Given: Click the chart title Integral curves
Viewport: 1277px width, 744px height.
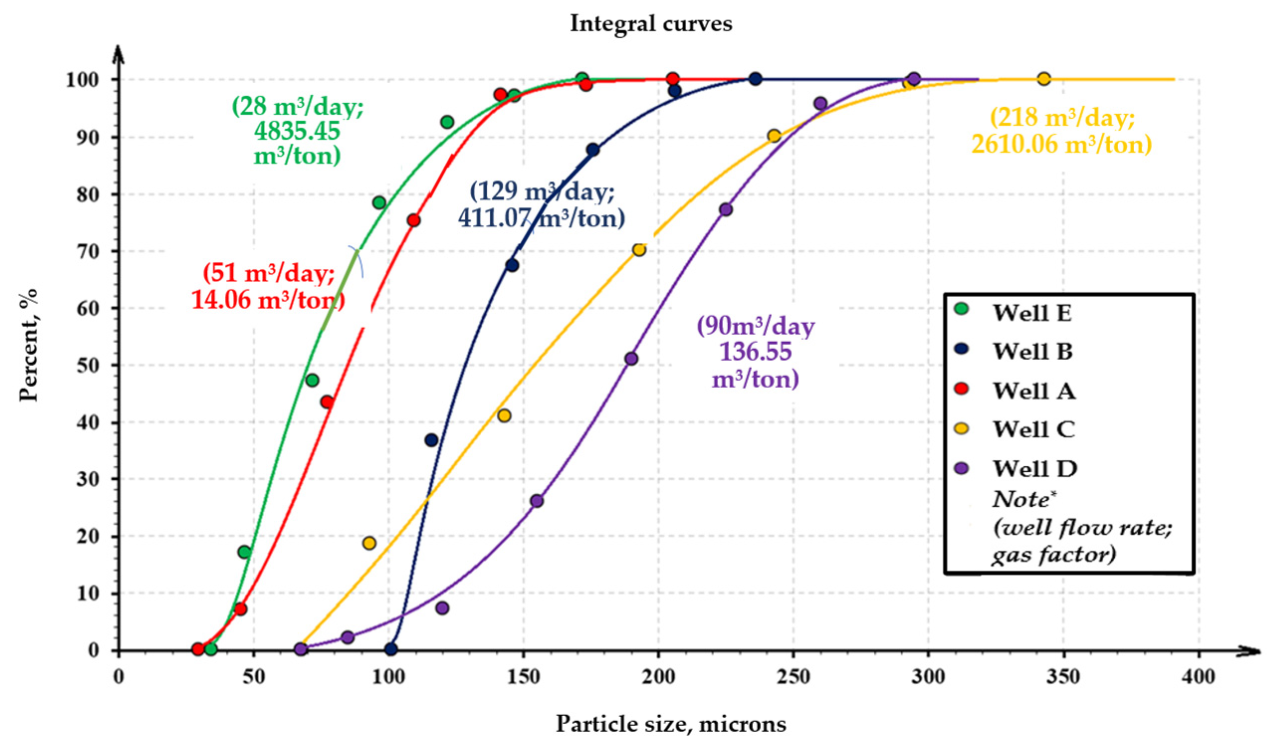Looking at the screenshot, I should [650, 23].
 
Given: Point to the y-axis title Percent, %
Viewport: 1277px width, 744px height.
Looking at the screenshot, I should [28, 345].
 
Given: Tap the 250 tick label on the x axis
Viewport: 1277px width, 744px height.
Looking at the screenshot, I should [793, 677].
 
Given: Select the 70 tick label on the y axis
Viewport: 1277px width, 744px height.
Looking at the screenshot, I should [87, 251].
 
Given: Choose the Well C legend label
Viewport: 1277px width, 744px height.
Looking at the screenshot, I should [1034, 430].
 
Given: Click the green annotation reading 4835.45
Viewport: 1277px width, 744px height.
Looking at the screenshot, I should [297, 131].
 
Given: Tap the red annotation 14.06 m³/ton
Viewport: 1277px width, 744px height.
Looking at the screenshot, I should [268, 300].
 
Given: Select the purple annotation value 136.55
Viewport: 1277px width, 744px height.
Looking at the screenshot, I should [755, 352].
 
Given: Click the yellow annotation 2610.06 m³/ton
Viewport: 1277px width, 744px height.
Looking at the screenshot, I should [1062, 145].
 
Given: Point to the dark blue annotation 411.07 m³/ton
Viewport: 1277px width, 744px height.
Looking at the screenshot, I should [541, 218].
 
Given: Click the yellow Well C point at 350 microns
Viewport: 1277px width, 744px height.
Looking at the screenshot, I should [1044, 79].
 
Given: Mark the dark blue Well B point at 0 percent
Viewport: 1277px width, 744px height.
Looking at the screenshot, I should [391, 649].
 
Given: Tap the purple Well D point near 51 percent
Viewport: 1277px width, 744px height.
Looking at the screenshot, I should [631, 359].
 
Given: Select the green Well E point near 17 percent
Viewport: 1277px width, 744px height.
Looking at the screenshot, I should [244, 552].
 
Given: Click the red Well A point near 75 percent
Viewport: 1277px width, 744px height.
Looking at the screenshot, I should [414, 220].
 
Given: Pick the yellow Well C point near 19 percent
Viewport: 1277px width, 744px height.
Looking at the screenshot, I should [369, 543].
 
